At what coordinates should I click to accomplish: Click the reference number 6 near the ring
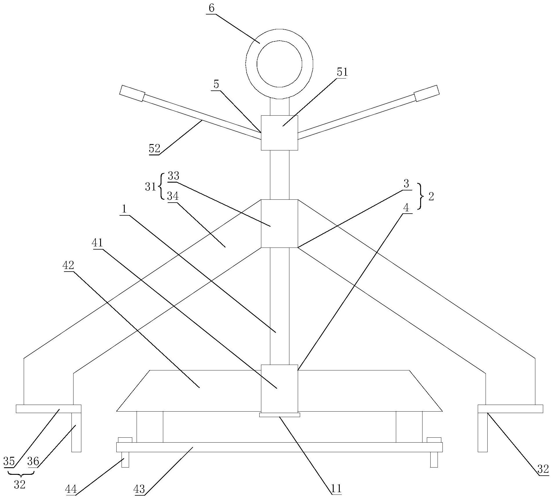pyautogui.click(x=212, y=8)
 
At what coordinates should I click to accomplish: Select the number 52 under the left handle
pyautogui.click(x=154, y=149)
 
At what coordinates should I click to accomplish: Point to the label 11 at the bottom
pyautogui.click(x=336, y=489)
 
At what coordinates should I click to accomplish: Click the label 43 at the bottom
pyautogui.click(x=139, y=489)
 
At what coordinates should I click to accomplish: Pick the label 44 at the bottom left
pyautogui.click(x=71, y=489)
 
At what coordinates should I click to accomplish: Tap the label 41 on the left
pyautogui.click(x=97, y=243)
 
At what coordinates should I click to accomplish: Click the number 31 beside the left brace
pyautogui.click(x=150, y=187)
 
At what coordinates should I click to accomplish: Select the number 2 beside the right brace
pyautogui.click(x=431, y=197)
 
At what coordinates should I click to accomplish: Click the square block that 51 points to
pyautogui.click(x=279, y=133)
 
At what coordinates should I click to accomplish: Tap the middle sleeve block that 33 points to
pyautogui.click(x=279, y=223)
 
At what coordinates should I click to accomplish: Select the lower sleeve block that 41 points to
pyautogui.click(x=279, y=388)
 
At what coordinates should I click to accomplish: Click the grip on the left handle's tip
pyautogui.click(x=132, y=93)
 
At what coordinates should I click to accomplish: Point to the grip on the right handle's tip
pyautogui.click(x=427, y=93)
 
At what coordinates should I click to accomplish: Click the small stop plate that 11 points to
pyautogui.click(x=280, y=415)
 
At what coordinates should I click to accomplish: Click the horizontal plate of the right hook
pyautogui.click(x=510, y=408)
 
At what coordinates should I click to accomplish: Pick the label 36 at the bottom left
pyautogui.click(x=33, y=461)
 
